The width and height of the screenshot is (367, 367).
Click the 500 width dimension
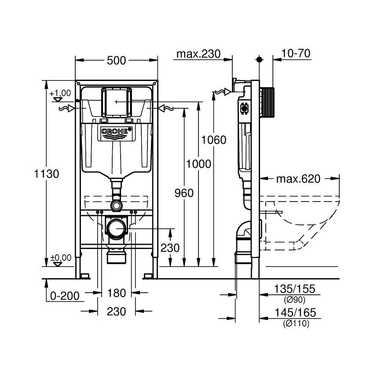[116, 61]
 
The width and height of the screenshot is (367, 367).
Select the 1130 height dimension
[47, 174]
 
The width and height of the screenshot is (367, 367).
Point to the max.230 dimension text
[198, 54]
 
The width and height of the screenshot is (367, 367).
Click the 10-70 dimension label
[296, 53]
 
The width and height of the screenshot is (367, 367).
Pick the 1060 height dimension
[214, 140]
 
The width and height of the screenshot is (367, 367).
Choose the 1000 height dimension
[198, 164]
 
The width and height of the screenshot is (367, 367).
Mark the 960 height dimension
[184, 193]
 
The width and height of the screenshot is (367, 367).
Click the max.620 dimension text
[298, 179]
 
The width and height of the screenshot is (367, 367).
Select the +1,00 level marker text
[60, 93]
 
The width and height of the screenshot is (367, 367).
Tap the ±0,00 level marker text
[61, 258]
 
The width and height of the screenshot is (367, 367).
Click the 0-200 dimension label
[65, 296]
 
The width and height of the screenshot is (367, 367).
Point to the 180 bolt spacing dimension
[116, 293]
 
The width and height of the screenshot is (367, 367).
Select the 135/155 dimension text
[294, 289]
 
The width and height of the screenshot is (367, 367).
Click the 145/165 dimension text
[295, 312]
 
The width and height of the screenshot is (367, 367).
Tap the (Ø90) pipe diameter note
[295, 300]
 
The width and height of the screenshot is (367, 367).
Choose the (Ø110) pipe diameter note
[296, 323]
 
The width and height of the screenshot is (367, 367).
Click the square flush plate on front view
[116, 102]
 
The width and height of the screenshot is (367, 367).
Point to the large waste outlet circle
[116, 228]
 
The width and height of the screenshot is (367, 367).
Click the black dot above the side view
[259, 60]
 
